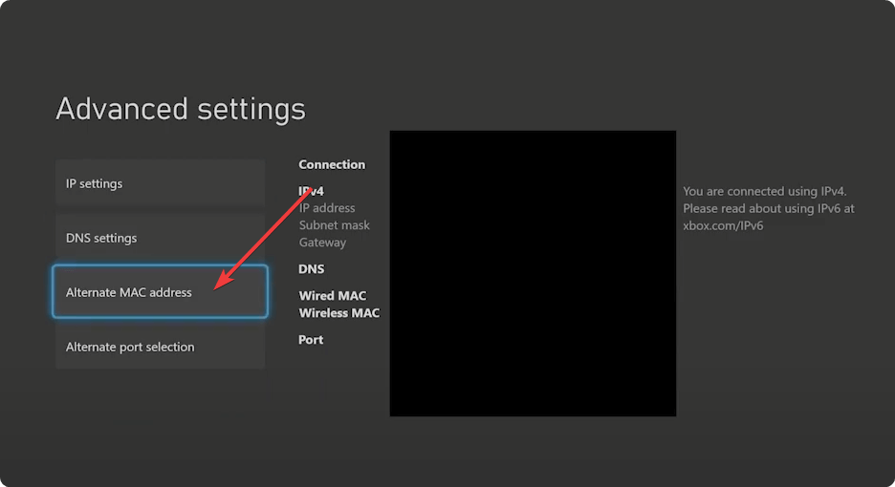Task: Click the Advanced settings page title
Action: [181, 109]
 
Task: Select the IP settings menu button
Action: [160, 183]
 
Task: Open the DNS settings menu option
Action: [160, 238]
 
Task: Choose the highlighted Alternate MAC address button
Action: [160, 291]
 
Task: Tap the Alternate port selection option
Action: [160, 346]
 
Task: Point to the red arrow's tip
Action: [215, 288]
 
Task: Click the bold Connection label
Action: [332, 164]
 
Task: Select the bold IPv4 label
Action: [311, 191]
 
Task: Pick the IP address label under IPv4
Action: [327, 208]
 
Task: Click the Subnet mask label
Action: [335, 225]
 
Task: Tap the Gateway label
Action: [322, 243]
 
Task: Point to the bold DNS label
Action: [311, 268]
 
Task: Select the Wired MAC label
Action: [332, 295]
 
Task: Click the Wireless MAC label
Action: [339, 313]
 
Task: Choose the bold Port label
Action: [311, 340]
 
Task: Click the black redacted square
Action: [534, 273]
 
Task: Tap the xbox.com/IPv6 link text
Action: [723, 225]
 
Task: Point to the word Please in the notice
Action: [700, 208]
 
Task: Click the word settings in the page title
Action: [251, 110]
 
